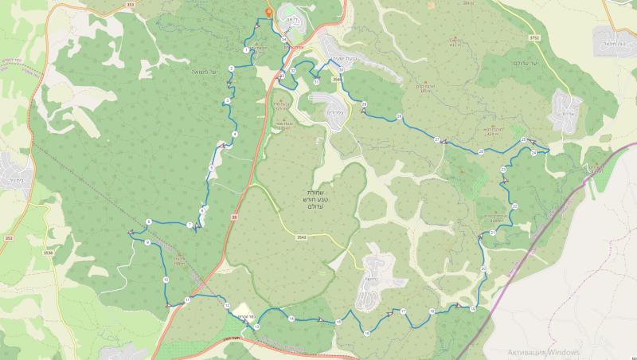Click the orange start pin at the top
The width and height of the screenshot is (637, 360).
coord(270,12)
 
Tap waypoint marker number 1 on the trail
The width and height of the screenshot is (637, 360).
coord(246,50)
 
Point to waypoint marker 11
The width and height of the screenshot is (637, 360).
coord(187,299)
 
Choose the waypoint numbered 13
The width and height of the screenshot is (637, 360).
coord(257,326)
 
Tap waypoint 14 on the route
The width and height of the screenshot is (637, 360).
coord(291,319)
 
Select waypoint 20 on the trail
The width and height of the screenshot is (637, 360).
coord(483,269)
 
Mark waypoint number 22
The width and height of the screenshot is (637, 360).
coord(515,206)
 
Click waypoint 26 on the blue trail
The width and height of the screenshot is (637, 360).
coord(481,151)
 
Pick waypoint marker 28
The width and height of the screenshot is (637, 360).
coord(398,117)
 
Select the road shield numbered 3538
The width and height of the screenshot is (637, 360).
coord(49,253)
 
